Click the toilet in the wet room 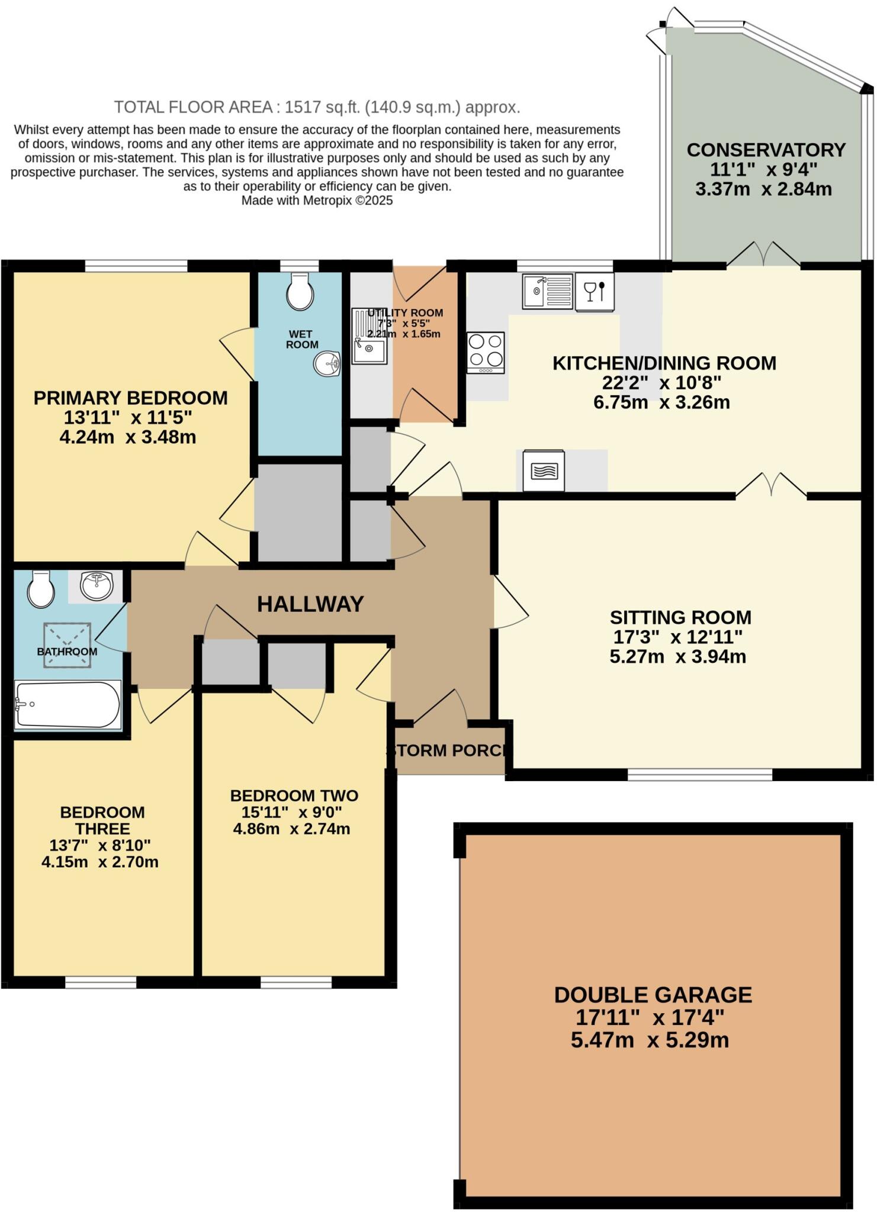300,291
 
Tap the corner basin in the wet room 327,363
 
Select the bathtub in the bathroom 68,704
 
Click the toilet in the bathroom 41,589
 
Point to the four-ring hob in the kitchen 486,352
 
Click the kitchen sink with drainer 547,291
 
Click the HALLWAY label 310,604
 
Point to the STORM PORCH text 448,750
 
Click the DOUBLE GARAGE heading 653,994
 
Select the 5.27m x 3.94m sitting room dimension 677,656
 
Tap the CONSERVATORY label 766,150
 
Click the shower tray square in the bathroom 67,644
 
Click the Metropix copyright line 317,201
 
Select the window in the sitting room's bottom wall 700,774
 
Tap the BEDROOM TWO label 294,795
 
